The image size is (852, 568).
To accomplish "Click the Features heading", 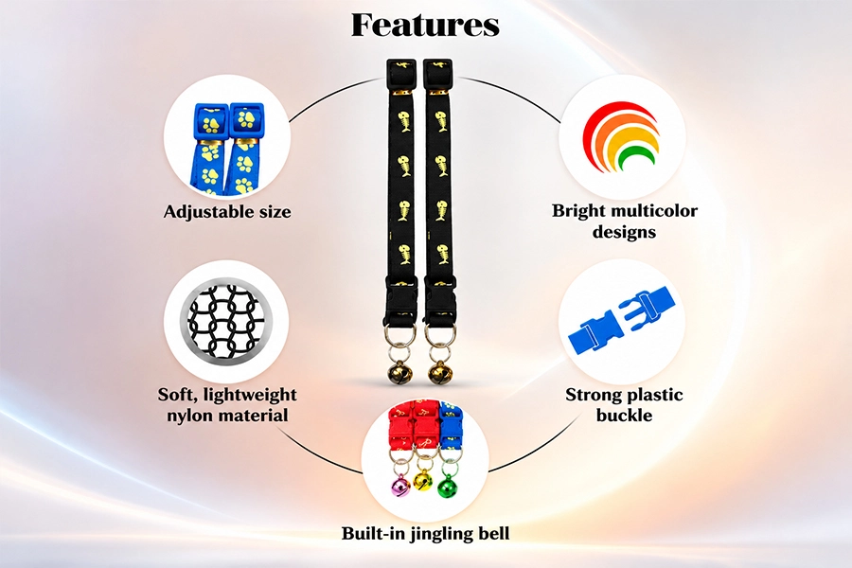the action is point(425,25).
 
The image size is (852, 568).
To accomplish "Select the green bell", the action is point(447,485).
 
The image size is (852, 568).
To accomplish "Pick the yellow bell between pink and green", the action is point(423,480).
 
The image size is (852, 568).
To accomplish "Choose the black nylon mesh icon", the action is point(226,321).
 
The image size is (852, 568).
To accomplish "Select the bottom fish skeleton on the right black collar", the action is point(439,254).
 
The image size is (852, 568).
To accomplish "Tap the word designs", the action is point(625,232).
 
